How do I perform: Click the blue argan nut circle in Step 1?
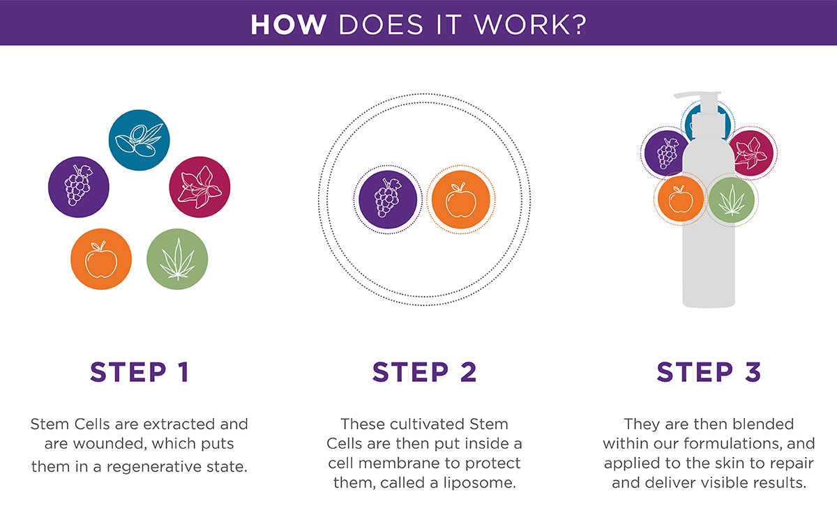(139, 140)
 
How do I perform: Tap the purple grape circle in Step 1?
(78, 187)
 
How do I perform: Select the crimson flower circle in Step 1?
(199, 187)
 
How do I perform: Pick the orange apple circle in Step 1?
(101, 259)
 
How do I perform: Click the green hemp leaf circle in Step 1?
(177, 259)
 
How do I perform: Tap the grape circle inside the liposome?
(388, 200)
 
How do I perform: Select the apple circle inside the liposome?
(461, 200)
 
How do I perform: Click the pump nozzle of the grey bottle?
(697, 95)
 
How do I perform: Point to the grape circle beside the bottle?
(665, 153)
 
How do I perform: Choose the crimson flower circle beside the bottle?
(752, 153)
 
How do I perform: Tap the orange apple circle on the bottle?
(681, 199)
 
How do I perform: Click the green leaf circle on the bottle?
(731, 200)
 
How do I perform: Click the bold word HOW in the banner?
(289, 24)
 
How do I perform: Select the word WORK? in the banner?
(530, 24)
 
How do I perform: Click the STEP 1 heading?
(139, 372)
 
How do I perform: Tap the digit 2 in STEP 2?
(469, 372)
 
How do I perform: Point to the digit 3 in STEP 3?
(753, 372)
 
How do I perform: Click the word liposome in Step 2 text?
(479, 483)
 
